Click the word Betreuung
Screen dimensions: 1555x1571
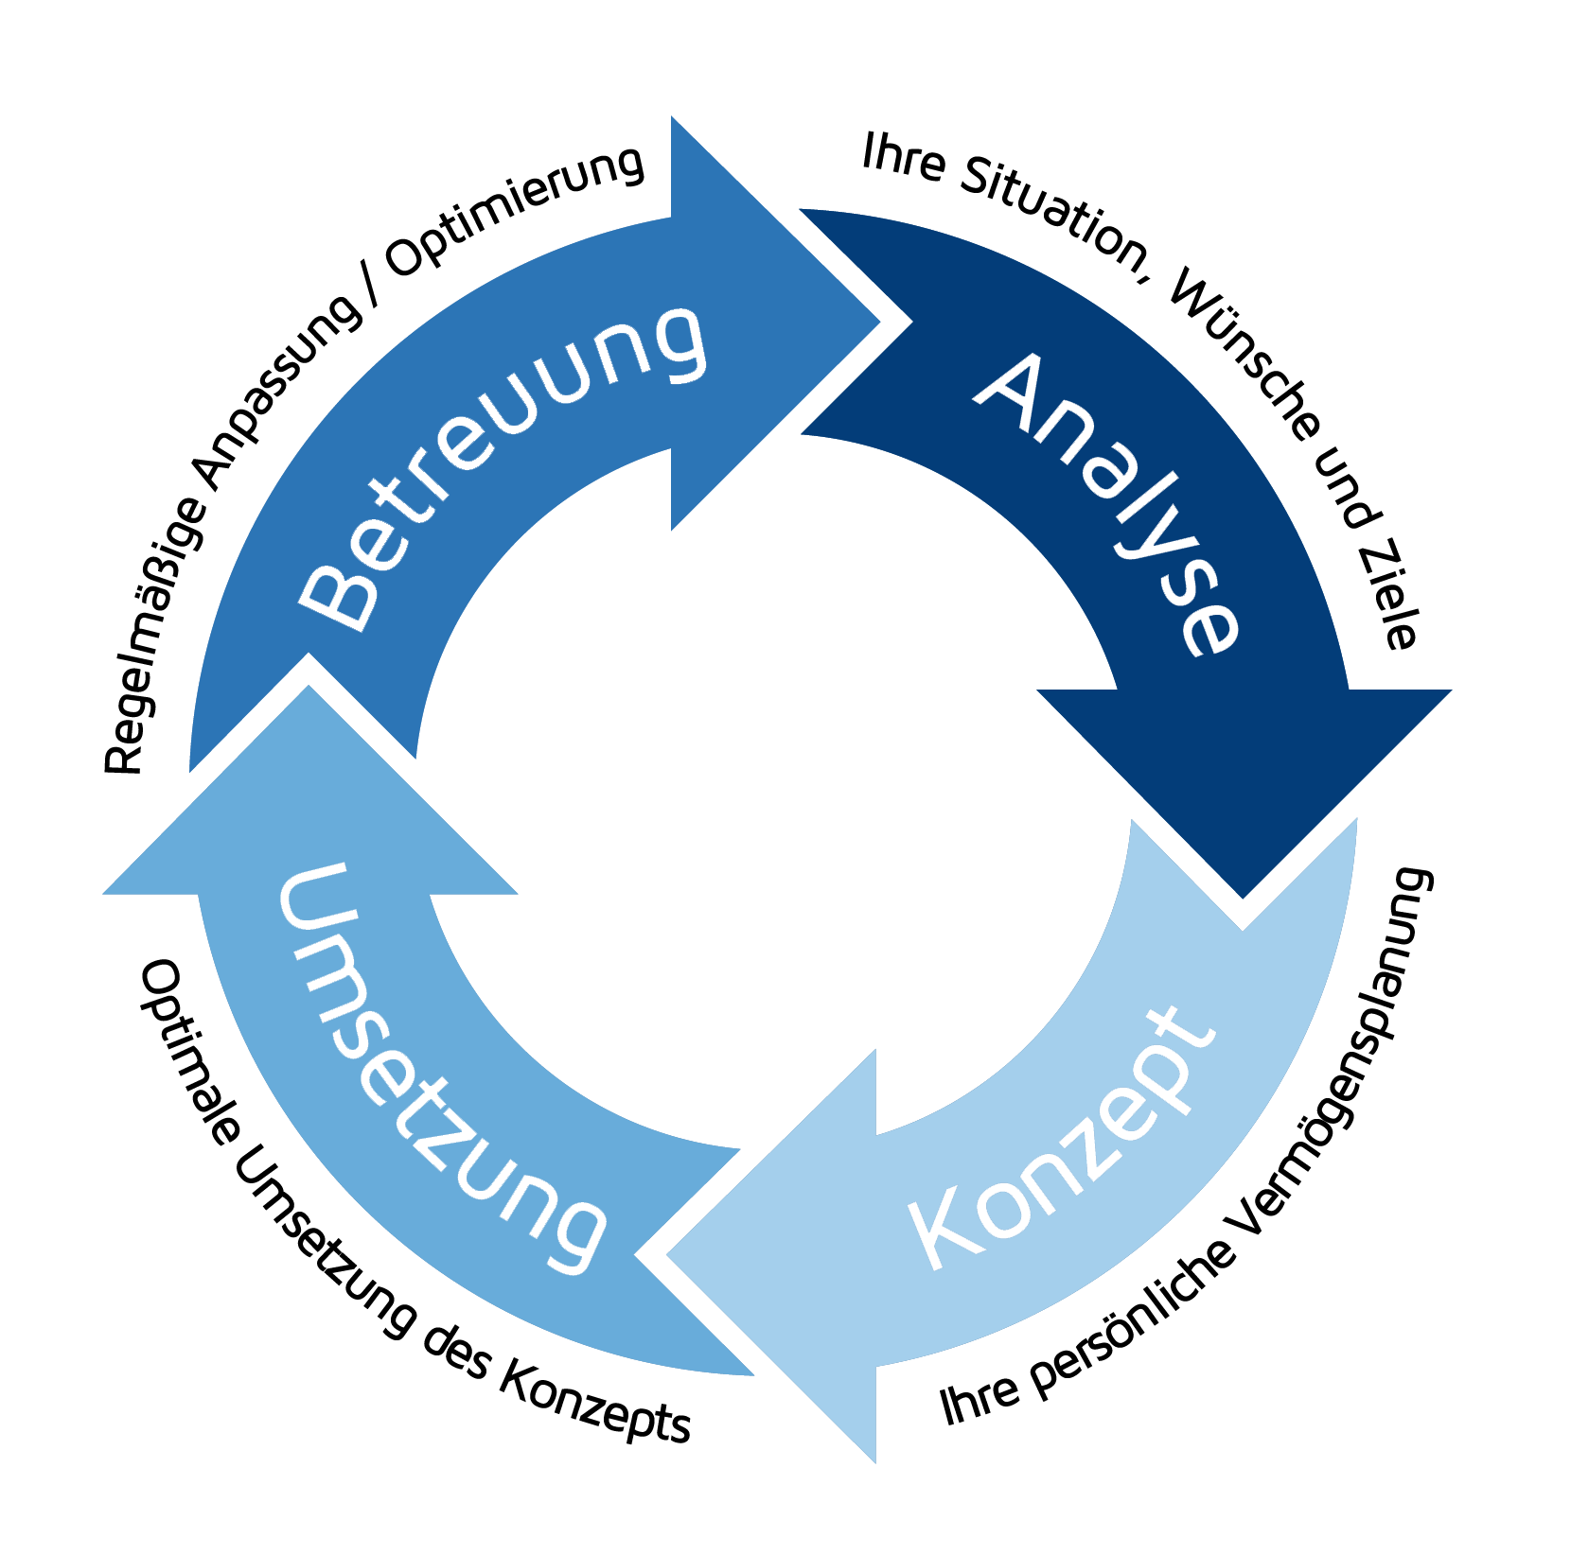pyautogui.click(x=502, y=463)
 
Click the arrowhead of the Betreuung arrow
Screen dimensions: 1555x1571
pyautogui.click(x=757, y=322)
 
